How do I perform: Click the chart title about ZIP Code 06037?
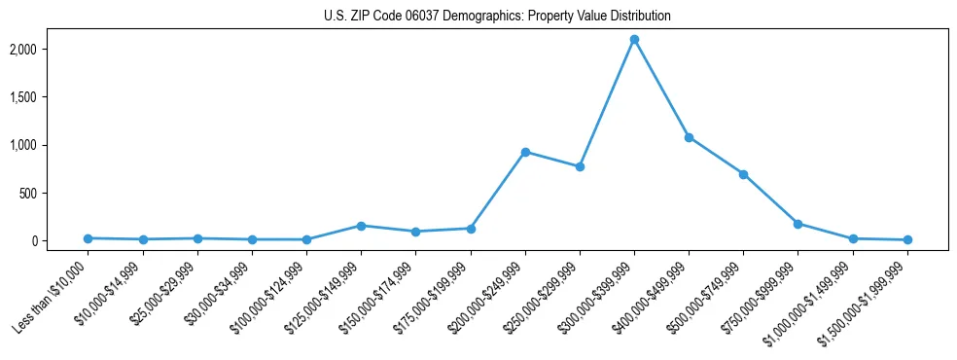pyautogui.click(x=497, y=17)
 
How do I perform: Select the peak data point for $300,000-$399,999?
pyautogui.click(x=634, y=40)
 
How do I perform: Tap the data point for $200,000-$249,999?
pyautogui.click(x=525, y=152)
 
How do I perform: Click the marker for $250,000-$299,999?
pyautogui.click(x=580, y=166)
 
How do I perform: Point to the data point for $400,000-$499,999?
pyautogui.click(x=689, y=137)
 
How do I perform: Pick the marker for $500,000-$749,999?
pyautogui.click(x=743, y=174)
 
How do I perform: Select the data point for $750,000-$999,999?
pyautogui.click(x=797, y=224)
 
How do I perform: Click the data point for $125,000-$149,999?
pyautogui.click(x=361, y=226)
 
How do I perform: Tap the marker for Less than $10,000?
pyautogui.click(x=89, y=238)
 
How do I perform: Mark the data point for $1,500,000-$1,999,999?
pyautogui.click(x=907, y=239)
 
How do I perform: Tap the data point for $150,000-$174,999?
pyautogui.click(x=415, y=232)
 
